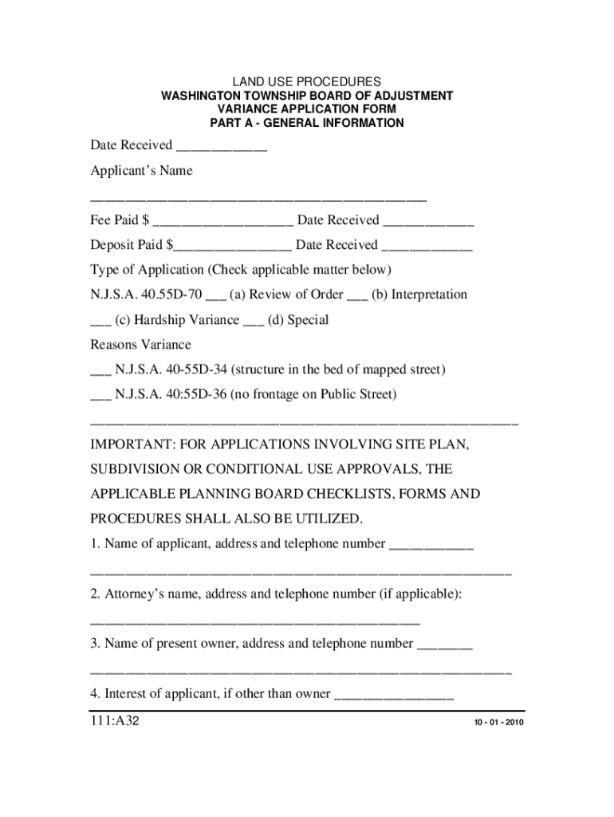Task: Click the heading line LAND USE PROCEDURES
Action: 306,82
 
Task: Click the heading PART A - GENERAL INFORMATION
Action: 306,123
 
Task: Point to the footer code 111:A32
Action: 116,723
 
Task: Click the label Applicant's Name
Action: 141,171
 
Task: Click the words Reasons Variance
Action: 140,345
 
